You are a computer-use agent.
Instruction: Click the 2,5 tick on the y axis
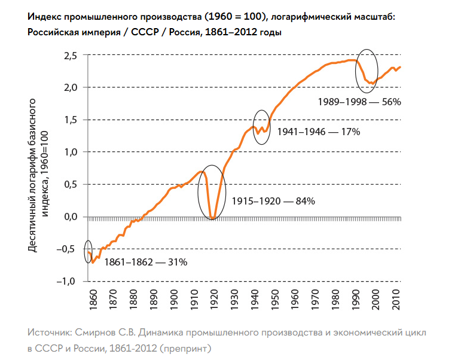71,56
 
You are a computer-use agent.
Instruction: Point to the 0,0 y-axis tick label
71,216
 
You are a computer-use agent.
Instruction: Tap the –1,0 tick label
68,281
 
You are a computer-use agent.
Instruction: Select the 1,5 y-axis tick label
71,120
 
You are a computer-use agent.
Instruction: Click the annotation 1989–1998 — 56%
359,102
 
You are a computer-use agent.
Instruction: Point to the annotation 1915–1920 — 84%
274,202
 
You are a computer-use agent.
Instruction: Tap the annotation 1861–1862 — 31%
146,262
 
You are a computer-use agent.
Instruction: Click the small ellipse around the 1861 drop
88,251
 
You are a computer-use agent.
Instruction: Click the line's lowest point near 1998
371,83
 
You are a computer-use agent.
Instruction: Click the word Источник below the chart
51,331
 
